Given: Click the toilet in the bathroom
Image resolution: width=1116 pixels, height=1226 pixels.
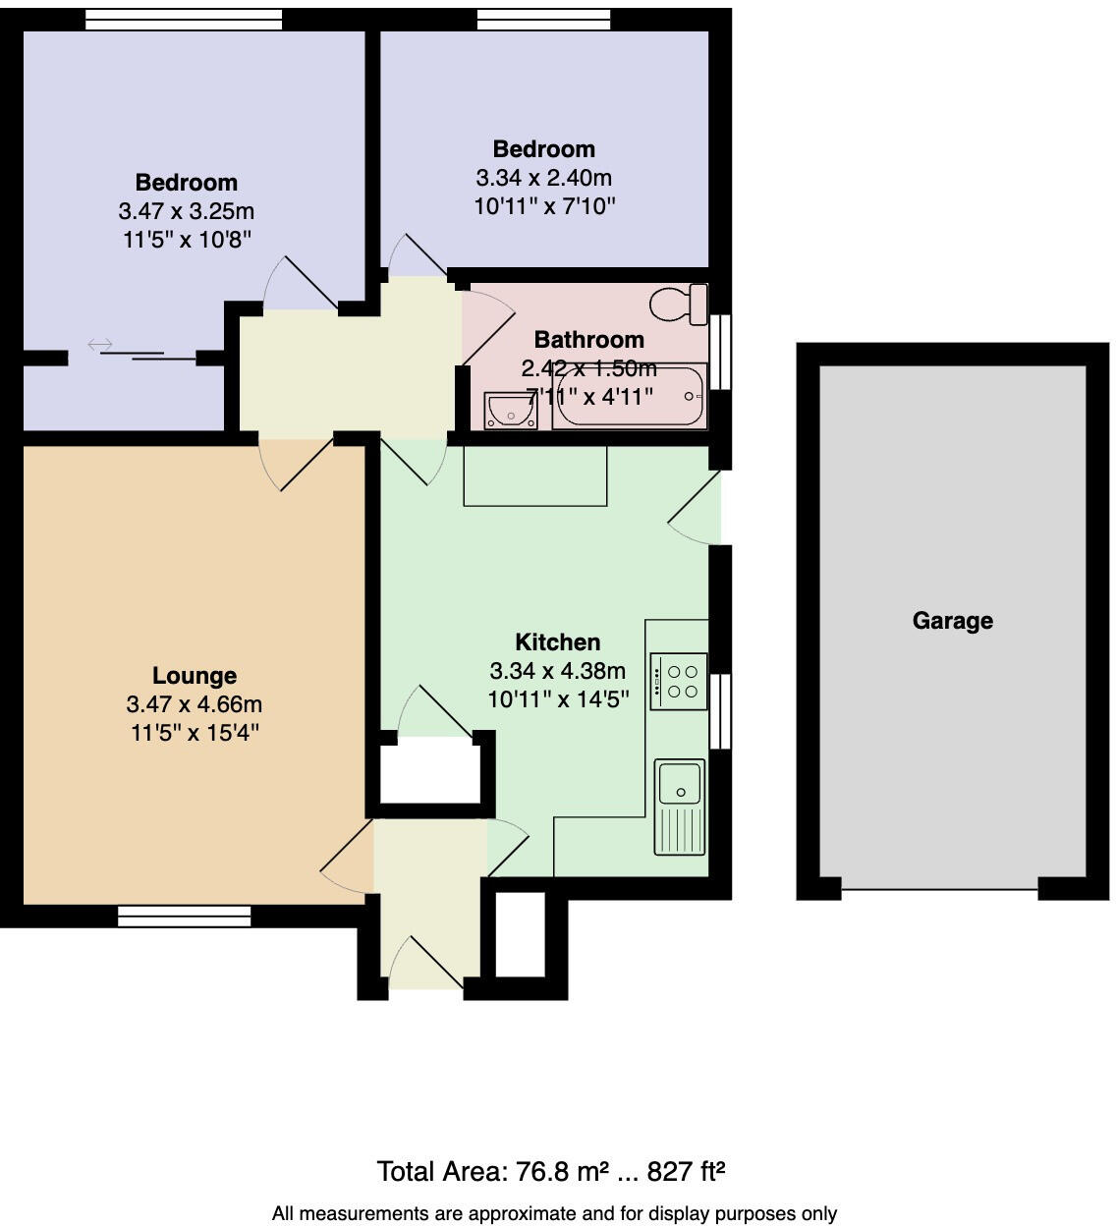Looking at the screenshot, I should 682,304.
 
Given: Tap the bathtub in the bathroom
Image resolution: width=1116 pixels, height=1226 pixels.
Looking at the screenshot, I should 629,397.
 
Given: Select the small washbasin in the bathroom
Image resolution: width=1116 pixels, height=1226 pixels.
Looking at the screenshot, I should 510,411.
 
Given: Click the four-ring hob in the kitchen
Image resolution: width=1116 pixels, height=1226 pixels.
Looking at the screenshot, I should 679,681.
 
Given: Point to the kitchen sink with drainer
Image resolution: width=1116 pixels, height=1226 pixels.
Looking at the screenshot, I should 680,807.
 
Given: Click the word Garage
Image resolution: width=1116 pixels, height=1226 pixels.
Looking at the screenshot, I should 952,621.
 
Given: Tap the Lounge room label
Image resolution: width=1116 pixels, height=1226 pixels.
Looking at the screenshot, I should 195,676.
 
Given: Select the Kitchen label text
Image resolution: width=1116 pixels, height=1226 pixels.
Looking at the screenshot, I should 557,642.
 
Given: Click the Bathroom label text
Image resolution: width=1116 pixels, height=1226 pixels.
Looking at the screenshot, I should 588,340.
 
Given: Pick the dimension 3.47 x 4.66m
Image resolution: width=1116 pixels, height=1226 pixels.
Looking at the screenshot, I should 195,704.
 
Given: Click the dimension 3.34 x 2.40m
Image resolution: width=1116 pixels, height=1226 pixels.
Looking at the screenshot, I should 543,178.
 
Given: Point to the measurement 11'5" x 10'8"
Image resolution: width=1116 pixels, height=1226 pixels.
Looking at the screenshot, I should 187,239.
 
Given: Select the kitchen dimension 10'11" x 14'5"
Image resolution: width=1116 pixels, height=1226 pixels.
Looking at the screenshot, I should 557,699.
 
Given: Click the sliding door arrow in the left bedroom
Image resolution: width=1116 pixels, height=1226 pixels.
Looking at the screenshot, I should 100,345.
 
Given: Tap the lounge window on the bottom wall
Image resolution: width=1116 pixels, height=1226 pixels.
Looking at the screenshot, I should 184,916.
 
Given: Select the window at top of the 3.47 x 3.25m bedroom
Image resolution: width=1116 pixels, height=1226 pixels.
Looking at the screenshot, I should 184,19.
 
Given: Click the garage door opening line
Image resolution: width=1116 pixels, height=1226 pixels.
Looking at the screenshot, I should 940,890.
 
